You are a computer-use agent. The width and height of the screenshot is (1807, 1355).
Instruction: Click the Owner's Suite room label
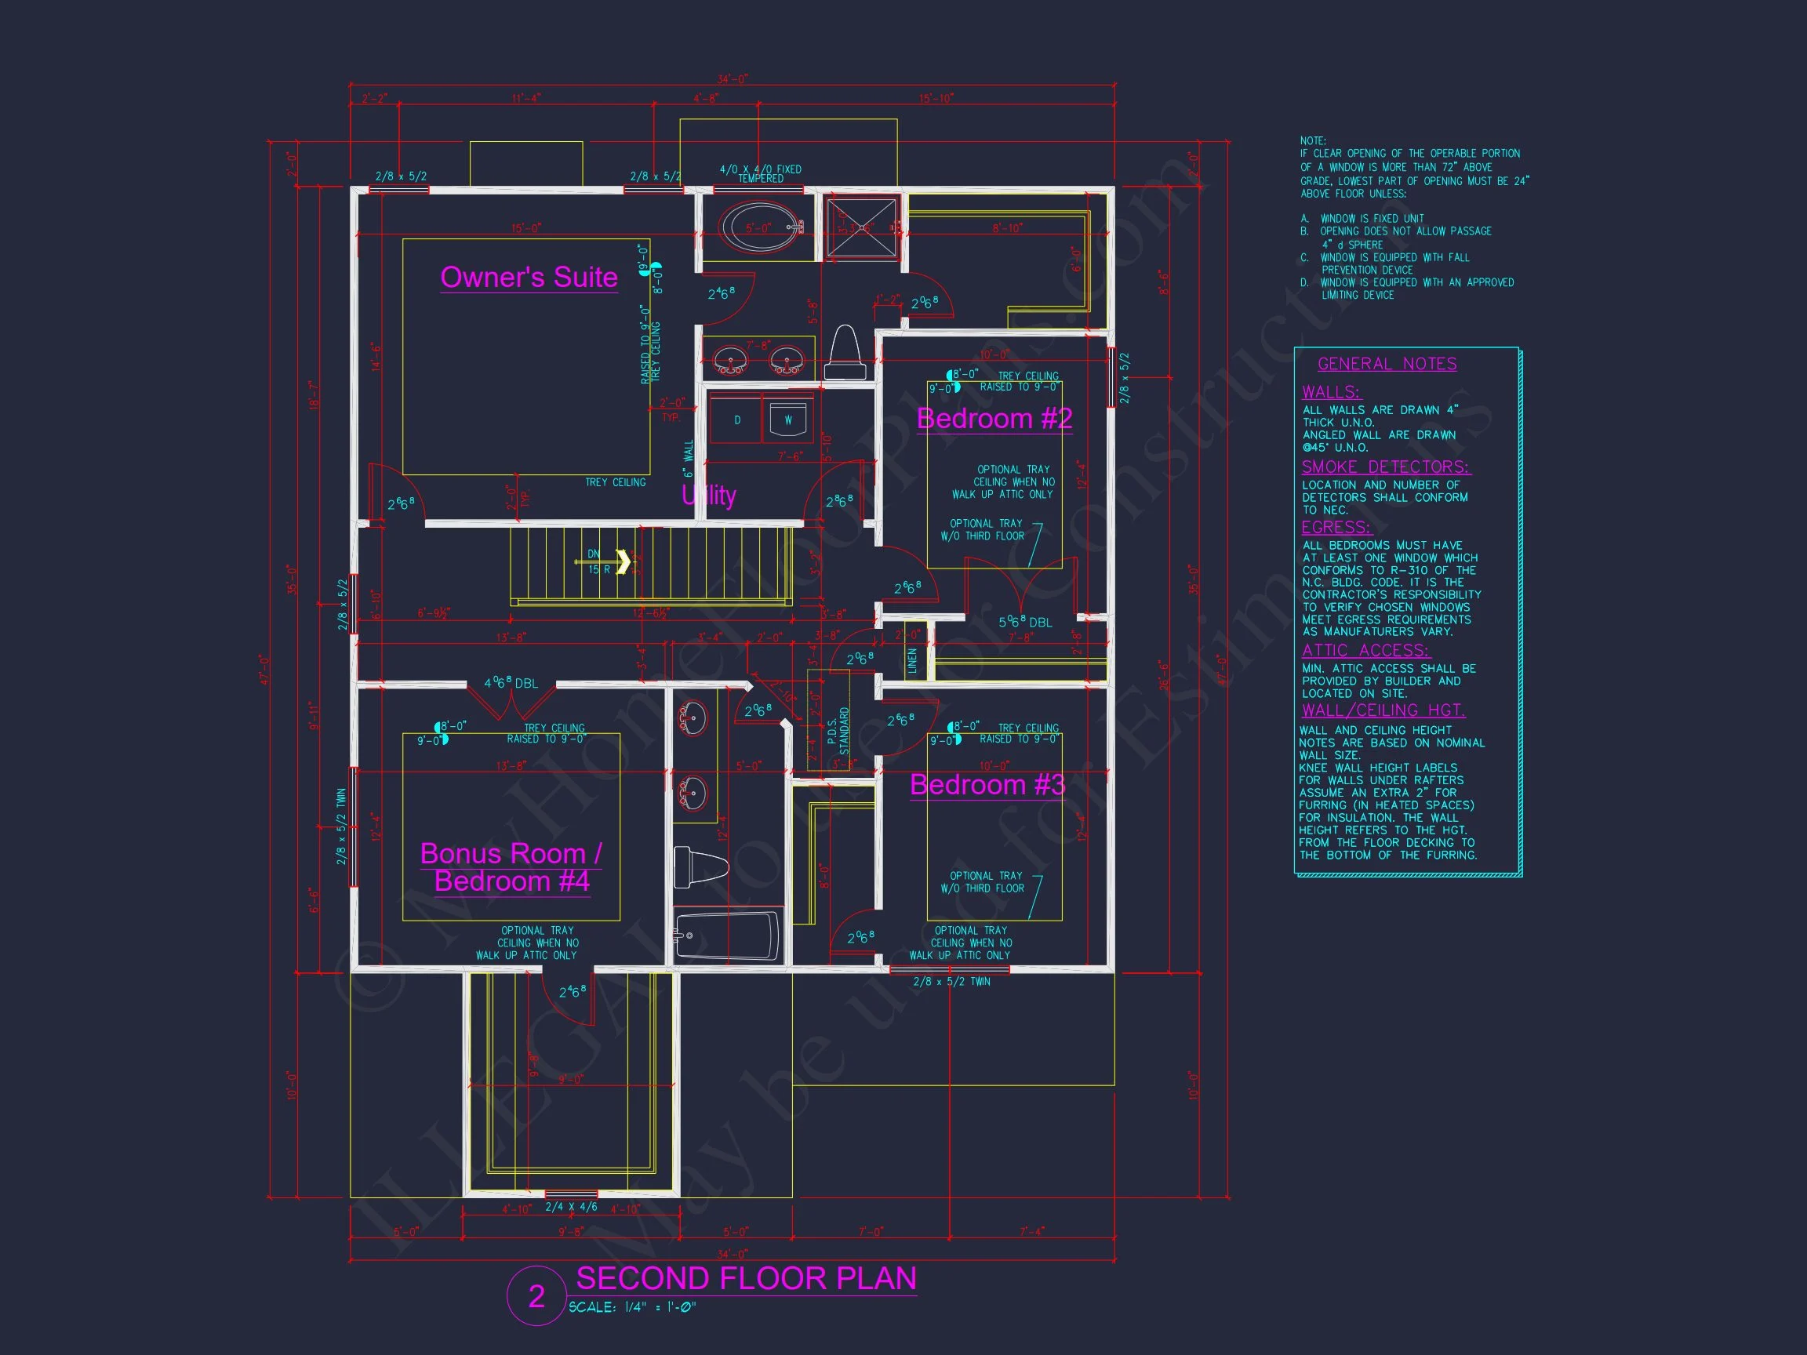click(529, 278)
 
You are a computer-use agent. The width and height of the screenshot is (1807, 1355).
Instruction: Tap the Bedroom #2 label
click(994, 419)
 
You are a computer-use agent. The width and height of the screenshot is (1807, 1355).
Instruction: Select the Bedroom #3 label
click(987, 785)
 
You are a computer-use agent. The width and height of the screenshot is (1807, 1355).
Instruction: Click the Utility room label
click(709, 495)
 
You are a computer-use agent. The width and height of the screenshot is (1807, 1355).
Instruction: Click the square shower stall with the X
click(860, 228)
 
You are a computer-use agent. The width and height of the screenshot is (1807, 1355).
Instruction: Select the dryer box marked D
click(736, 420)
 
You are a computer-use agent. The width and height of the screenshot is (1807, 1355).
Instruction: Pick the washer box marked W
click(787, 420)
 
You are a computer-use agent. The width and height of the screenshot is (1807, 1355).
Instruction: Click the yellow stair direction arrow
click(623, 562)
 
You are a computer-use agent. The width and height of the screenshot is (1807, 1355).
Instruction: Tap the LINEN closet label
click(912, 660)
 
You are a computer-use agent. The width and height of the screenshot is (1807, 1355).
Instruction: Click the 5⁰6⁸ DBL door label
click(1024, 623)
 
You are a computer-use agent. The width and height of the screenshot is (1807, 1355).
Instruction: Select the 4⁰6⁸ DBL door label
click(511, 683)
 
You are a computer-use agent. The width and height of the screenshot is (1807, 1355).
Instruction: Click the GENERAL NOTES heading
click(1387, 365)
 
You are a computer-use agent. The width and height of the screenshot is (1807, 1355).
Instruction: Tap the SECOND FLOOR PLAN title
click(746, 1278)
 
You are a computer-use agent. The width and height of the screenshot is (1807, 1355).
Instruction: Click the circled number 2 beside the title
click(536, 1296)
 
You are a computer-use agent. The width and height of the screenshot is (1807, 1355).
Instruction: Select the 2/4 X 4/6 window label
click(571, 1207)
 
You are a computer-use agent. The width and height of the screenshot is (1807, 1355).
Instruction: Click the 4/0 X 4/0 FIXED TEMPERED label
click(760, 173)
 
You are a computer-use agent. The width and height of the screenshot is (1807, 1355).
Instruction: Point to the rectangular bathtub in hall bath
click(727, 936)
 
